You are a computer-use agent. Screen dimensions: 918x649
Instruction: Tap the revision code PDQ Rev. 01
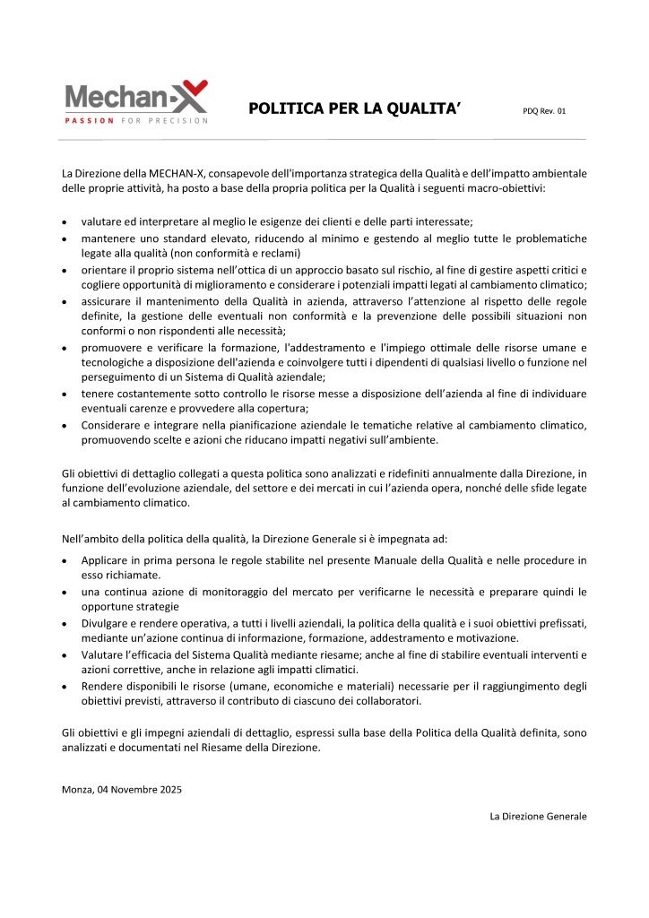(x=544, y=111)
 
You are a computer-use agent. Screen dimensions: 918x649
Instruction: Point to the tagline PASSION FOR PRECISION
(x=136, y=120)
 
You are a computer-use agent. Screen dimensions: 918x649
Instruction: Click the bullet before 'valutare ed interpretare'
(x=65, y=221)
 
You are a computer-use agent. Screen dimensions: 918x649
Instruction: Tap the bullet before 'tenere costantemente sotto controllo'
(x=65, y=393)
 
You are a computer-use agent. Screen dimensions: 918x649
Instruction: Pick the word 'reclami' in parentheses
(x=279, y=254)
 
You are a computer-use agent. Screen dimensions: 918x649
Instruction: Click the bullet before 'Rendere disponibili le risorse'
(x=65, y=686)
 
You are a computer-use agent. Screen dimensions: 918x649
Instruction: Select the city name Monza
(x=77, y=790)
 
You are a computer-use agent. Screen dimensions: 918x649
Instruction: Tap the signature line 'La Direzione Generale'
(x=538, y=817)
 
